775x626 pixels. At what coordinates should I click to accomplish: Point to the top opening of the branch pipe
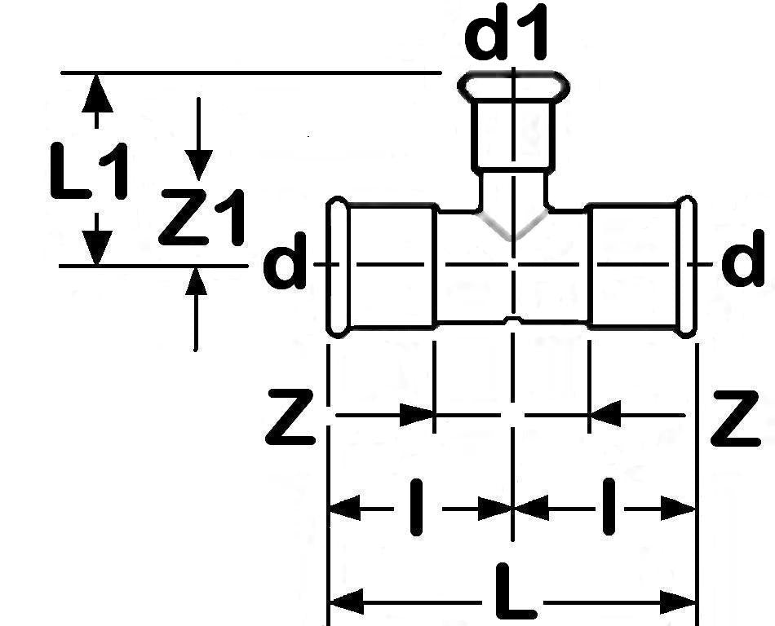pos(512,84)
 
